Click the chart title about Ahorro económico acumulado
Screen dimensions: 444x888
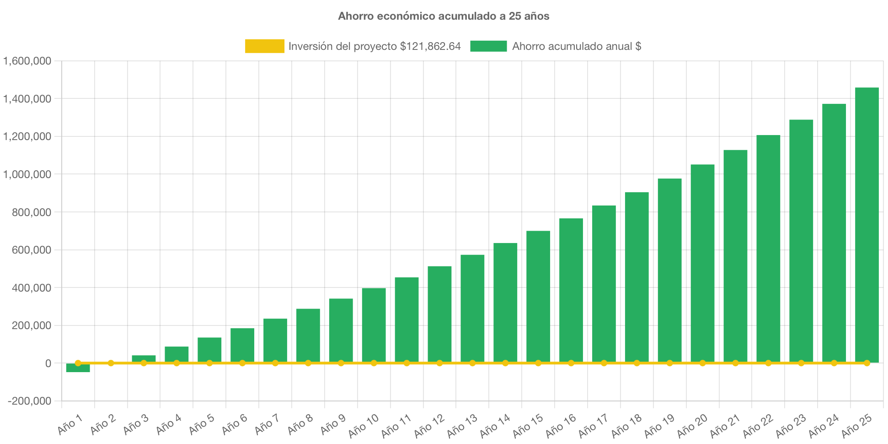pos(444,16)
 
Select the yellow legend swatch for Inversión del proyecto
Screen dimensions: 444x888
pos(264,46)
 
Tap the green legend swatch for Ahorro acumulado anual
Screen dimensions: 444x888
pos(488,46)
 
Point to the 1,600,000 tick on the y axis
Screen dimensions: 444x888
pos(27,61)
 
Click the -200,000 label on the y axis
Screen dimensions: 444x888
pos(29,401)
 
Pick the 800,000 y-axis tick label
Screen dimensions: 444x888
pos(27,212)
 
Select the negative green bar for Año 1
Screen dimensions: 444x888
pos(78,368)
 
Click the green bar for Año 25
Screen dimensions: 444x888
pos(867,224)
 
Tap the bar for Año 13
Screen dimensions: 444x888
pos(472,309)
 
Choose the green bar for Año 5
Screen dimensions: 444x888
pos(209,350)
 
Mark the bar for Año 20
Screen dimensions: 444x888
pos(702,263)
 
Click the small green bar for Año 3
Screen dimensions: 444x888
pos(144,358)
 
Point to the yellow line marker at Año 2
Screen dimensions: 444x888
pos(111,363)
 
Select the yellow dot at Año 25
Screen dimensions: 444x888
pos(867,363)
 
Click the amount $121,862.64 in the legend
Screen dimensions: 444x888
pos(430,46)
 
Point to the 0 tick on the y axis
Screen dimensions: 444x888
pos(48,363)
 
